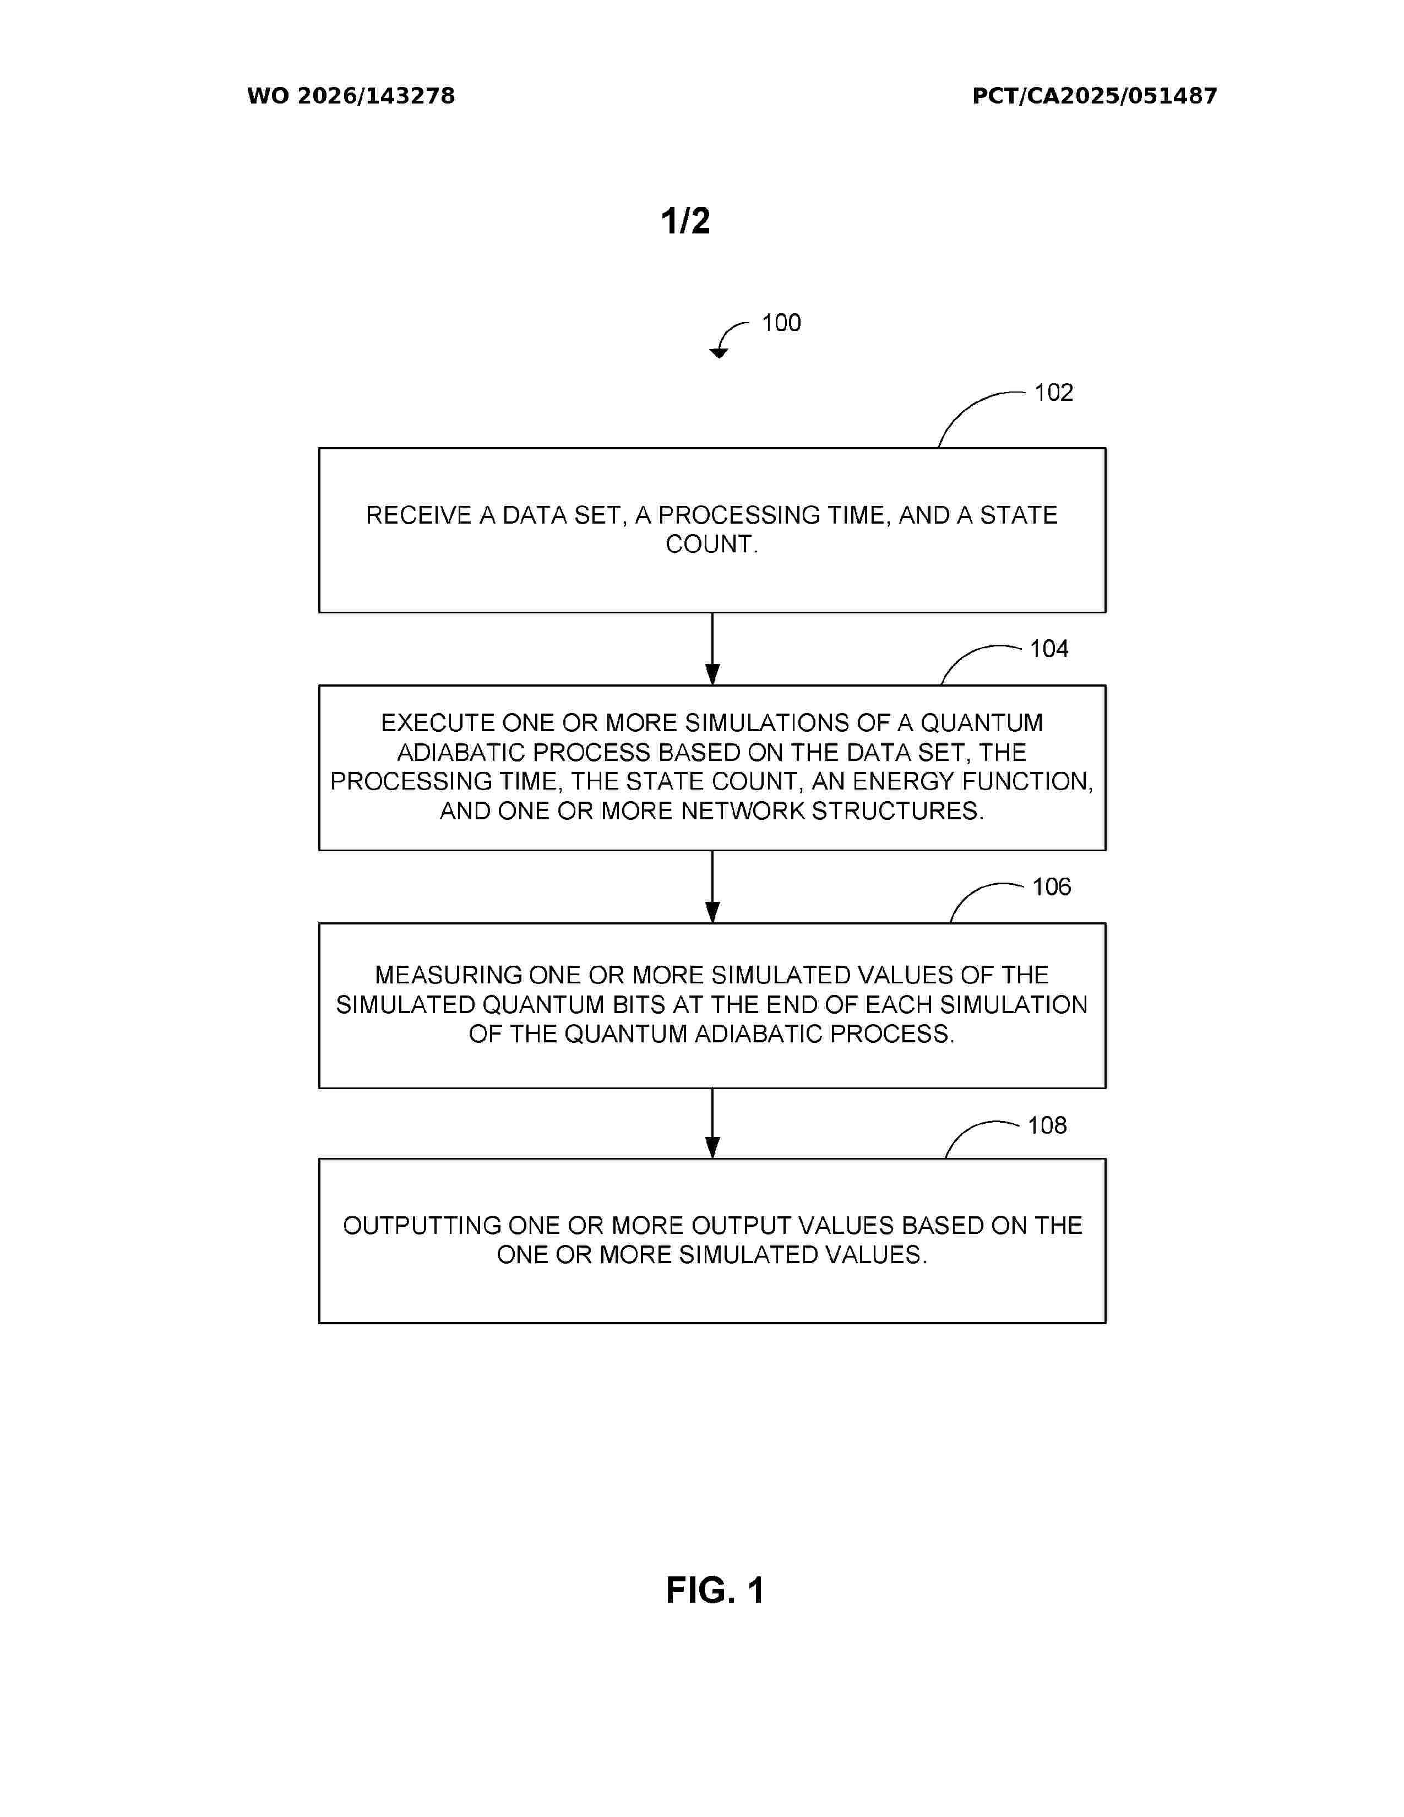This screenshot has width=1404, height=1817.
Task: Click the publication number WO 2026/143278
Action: [351, 96]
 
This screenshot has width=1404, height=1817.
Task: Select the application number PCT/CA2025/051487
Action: [1095, 96]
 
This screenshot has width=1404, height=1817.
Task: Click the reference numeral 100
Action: [781, 323]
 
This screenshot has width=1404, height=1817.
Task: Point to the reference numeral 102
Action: [1053, 393]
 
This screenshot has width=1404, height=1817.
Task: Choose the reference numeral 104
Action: [1049, 649]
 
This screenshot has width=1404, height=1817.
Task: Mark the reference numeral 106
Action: [1051, 887]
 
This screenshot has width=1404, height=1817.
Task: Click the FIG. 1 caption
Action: [715, 1591]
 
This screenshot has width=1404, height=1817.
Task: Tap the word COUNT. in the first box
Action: [712, 545]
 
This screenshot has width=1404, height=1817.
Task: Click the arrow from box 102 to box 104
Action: [712, 649]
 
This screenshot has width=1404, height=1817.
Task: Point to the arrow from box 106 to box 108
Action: [712, 1123]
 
